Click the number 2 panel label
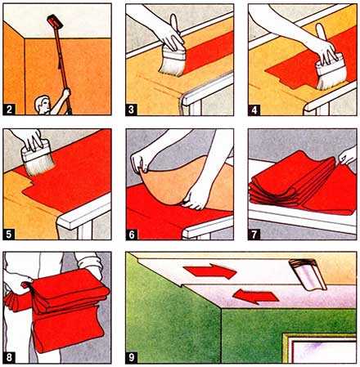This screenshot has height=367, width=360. click(x=10, y=110)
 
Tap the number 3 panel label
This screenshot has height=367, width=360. click(x=132, y=110)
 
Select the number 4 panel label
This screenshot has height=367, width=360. click(x=254, y=110)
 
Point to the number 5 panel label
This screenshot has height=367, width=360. click(x=9, y=235)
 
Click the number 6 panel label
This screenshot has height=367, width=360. click(x=132, y=235)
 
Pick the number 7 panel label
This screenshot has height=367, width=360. click(x=254, y=235)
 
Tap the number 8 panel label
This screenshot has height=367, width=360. click(x=9, y=357)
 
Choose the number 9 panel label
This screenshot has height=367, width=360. click(x=132, y=358)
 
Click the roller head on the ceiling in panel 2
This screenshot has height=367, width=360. click(x=55, y=21)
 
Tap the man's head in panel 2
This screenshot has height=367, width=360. click(x=42, y=105)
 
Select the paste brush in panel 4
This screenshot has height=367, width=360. click(x=329, y=65)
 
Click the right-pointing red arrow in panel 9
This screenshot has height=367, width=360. click(x=210, y=271)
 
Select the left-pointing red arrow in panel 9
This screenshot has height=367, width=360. click(x=255, y=296)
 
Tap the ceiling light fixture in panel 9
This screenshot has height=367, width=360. click(x=308, y=274)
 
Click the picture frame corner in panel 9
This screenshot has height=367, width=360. click(x=286, y=336)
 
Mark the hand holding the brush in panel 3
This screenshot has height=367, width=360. click(x=169, y=35)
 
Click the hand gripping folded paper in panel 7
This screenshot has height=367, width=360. click(x=348, y=156)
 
